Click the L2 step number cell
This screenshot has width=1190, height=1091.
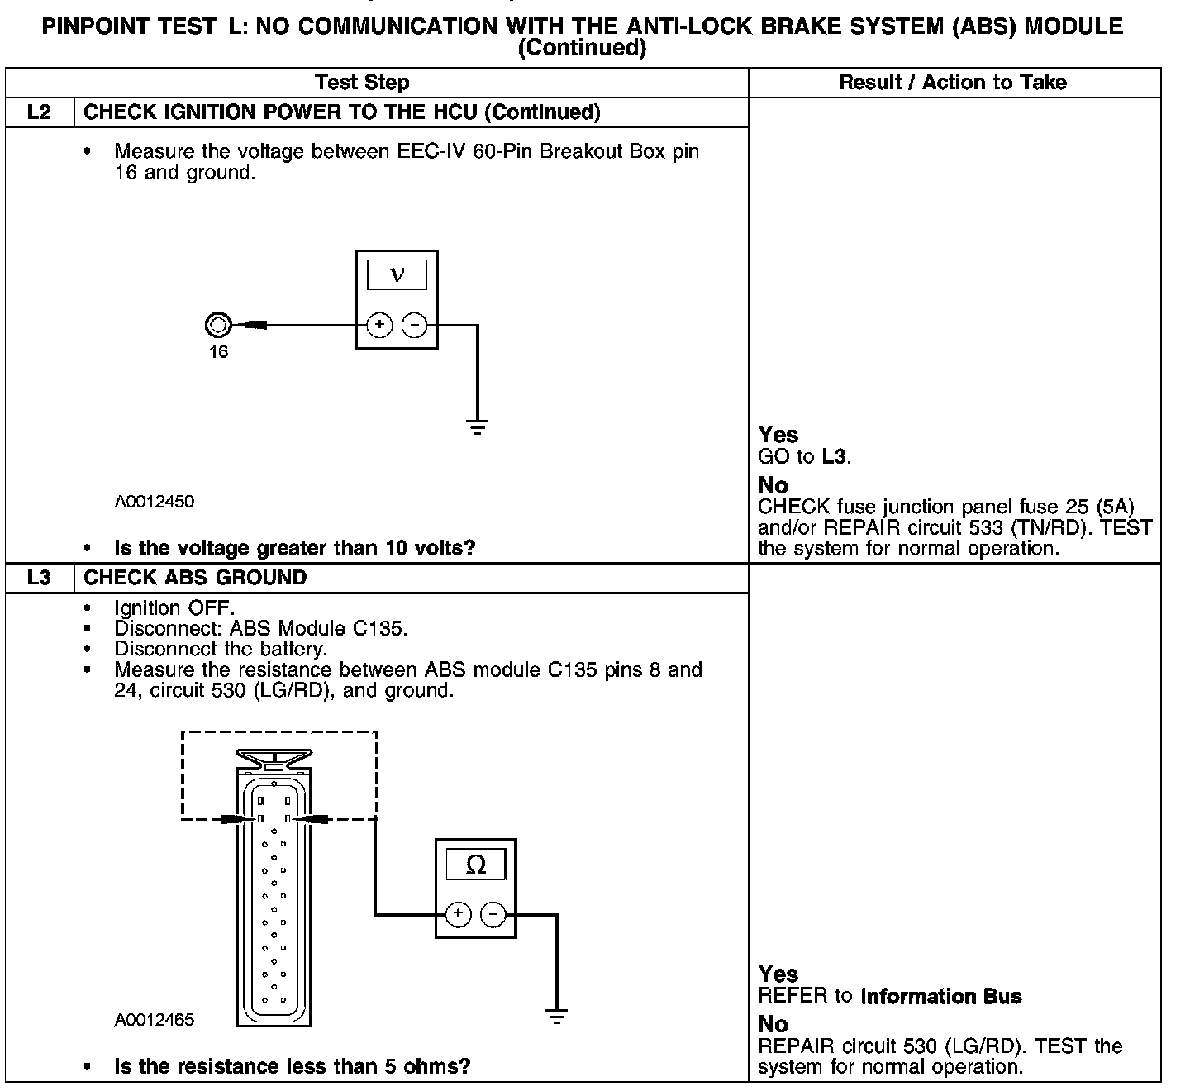[39, 112]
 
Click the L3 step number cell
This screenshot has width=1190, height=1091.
[39, 578]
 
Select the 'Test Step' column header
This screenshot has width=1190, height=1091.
[362, 83]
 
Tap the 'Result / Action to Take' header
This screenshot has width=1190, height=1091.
[953, 83]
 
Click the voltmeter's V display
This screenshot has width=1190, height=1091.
[397, 275]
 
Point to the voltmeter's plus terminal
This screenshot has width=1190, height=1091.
[379, 325]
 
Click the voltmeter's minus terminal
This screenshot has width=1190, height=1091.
[414, 325]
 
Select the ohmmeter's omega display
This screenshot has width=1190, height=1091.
[476, 865]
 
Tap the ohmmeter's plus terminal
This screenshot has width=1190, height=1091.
[459, 914]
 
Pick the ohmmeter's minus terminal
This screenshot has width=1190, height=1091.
[493, 914]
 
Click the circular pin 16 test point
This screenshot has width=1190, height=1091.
[217, 325]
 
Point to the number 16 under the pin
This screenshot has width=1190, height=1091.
[218, 352]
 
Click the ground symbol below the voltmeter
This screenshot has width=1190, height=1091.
[477, 427]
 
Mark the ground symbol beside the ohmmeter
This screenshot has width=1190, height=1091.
[557, 1017]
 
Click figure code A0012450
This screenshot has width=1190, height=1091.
[155, 502]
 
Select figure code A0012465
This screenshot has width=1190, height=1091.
[155, 1020]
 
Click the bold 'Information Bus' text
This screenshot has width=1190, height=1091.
[941, 997]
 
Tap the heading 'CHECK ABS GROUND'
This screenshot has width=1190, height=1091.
[195, 578]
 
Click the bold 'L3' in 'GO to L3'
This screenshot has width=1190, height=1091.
[834, 456]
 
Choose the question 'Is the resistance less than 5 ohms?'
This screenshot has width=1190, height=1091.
[292, 1067]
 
